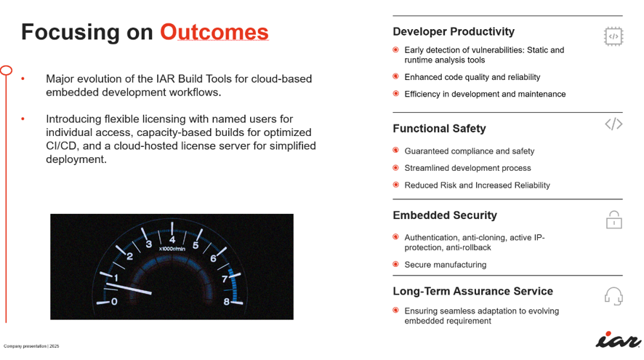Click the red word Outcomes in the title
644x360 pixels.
[214, 32]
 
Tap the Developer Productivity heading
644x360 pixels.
[454, 32]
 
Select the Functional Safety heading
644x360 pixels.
[439, 129]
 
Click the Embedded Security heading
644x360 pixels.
[445, 215]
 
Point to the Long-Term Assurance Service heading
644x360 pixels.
[472, 291]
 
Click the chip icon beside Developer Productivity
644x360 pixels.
[613, 36]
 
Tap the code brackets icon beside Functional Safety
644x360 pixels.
[613, 124]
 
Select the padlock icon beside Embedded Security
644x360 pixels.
[614, 220]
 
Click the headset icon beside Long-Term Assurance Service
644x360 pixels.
[613, 296]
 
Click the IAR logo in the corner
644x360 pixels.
[618, 340]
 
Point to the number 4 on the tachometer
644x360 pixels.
[172, 239]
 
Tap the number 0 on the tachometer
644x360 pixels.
[114, 302]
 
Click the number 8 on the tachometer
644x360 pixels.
[226, 302]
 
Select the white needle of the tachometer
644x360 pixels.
[129, 289]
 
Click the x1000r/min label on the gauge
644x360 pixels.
[172, 249]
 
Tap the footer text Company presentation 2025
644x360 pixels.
[31, 346]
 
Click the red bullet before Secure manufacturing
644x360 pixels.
[395, 264]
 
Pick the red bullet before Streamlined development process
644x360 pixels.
[395, 168]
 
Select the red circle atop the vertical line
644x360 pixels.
[6, 71]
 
